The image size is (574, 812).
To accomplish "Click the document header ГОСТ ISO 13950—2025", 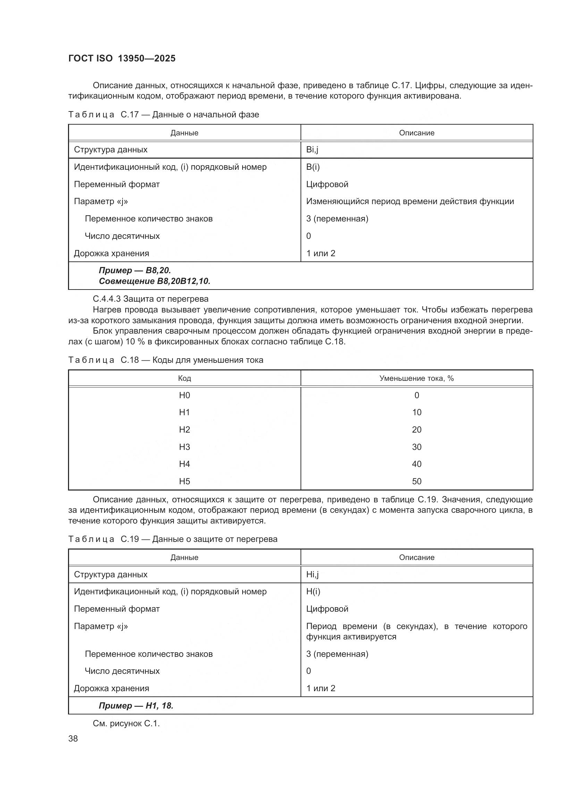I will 121,58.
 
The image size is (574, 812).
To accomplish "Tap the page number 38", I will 73,739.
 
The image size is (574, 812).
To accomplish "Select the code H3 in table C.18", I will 184,447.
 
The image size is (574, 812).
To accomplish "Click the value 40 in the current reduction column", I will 416,464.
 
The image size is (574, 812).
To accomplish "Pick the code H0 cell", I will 184,395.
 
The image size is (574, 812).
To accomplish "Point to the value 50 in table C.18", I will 416,481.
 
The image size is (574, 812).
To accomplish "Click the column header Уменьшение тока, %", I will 416,378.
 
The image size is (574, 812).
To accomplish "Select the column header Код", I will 184,378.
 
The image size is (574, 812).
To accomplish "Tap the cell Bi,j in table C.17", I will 312,150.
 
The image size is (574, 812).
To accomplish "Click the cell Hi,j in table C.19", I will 312,575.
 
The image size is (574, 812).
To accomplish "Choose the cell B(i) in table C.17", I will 313,167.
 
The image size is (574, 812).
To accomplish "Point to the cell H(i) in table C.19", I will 313,592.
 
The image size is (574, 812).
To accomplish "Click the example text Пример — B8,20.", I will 135,270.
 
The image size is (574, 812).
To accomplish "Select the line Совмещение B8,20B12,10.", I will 154,281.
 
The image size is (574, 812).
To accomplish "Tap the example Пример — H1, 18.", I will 136,706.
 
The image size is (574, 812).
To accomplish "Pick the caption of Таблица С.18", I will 166,360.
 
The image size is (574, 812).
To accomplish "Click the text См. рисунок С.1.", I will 126,723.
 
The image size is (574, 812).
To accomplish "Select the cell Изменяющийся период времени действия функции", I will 410,202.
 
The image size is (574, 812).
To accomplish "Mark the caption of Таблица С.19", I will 172,539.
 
